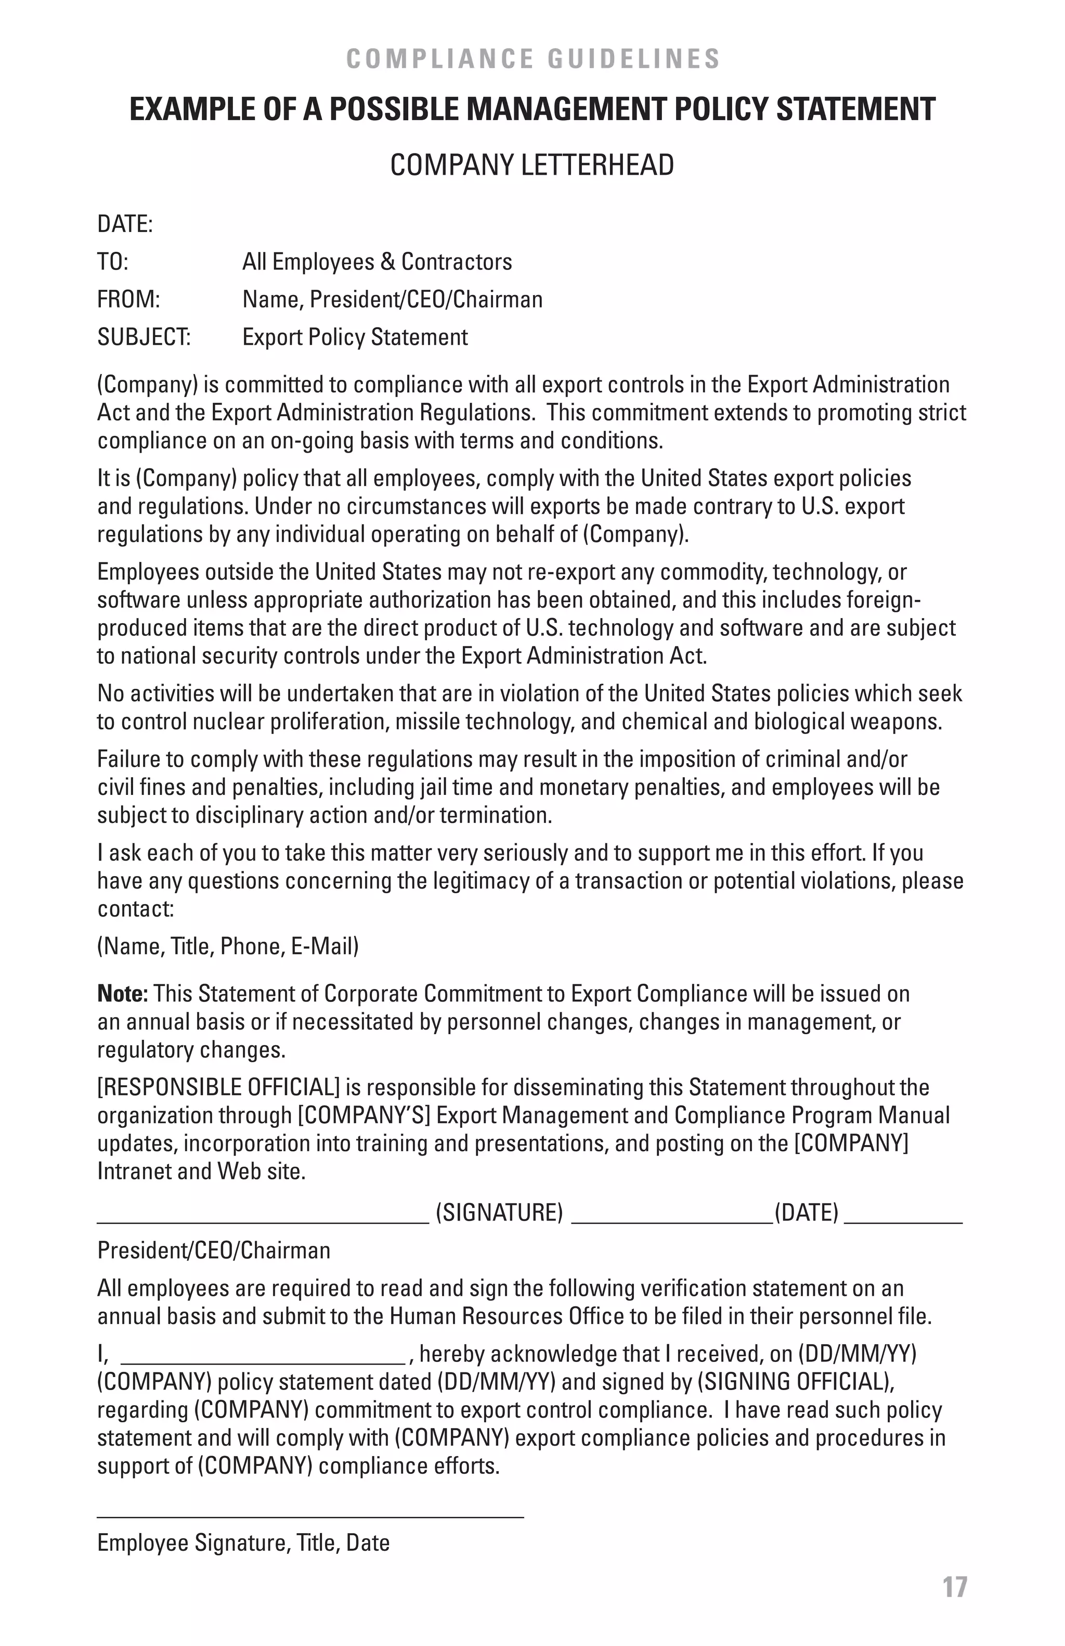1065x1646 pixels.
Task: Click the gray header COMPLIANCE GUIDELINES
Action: (x=532, y=59)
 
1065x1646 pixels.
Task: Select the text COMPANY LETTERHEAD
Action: (x=531, y=165)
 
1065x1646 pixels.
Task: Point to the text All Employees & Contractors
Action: (x=376, y=262)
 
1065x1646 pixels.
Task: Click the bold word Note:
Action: (x=122, y=993)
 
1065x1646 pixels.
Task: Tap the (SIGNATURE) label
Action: (x=499, y=1212)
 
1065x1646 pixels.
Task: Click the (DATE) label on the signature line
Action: (x=806, y=1212)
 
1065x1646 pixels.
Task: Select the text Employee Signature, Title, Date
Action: (x=243, y=1542)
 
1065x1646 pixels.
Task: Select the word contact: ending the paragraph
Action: (x=135, y=908)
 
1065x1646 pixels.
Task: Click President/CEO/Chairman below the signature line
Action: (x=214, y=1250)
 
